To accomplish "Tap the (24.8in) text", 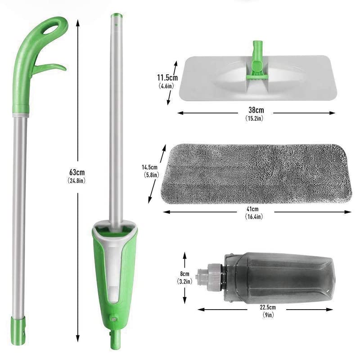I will (77, 180).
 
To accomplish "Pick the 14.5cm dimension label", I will (150, 167).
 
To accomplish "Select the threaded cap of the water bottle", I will (214, 273).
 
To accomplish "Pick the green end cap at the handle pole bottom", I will (18, 325).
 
